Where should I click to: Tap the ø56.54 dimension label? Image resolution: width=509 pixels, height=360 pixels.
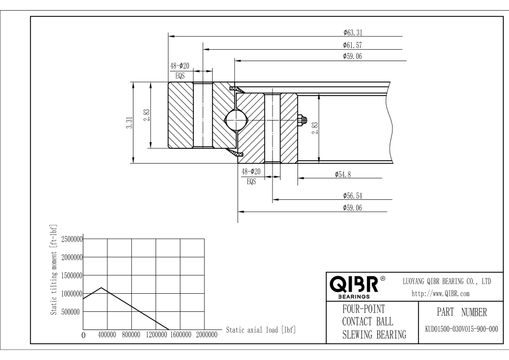point(352,195)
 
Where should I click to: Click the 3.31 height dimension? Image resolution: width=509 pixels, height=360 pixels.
point(128,123)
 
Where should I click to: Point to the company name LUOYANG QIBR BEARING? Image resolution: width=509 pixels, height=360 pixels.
point(446,281)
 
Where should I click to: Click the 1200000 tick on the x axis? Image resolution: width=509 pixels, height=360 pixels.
point(156,335)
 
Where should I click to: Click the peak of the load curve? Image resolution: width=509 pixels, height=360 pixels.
point(101,288)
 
